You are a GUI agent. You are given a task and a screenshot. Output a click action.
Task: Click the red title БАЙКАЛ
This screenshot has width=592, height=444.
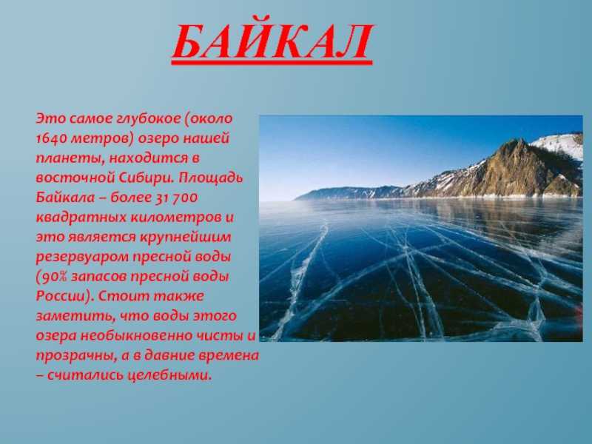click(x=272, y=41)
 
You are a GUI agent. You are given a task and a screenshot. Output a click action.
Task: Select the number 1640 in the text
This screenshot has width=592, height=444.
click(x=51, y=138)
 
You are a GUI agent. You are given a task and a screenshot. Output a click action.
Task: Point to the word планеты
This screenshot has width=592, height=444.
click(x=70, y=158)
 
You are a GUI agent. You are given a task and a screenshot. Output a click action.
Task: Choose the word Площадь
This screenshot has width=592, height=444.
click(x=211, y=178)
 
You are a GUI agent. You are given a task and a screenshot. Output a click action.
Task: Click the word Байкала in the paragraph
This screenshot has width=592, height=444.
click(x=65, y=198)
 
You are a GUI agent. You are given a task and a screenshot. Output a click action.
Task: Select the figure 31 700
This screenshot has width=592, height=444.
click(x=177, y=198)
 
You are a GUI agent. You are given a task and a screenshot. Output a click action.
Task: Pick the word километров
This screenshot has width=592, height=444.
click(x=178, y=218)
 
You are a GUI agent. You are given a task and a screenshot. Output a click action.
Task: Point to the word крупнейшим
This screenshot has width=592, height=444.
click(x=186, y=237)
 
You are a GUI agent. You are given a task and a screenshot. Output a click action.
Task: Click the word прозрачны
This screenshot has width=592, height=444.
click(x=76, y=356)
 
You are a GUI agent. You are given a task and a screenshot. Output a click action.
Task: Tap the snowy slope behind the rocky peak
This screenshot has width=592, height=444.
click(x=559, y=145)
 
